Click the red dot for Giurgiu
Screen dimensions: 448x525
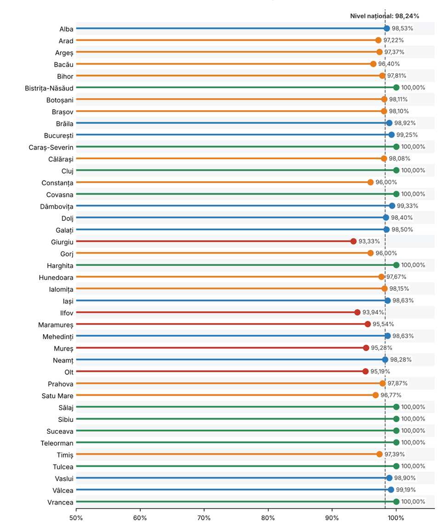pyautogui.click(x=353, y=241)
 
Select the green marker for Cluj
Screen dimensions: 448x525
pyautogui.click(x=396, y=170)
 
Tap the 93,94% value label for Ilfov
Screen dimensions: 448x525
pyautogui.click(x=373, y=313)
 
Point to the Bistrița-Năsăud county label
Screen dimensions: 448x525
pyautogui.click(x=49, y=89)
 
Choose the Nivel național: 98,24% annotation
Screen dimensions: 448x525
pyautogui.click(x=385, y=16)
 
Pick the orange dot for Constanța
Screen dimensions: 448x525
pyautogui.click(x=370, y=182)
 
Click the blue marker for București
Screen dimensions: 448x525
pyautogui.click(x=391, y=135)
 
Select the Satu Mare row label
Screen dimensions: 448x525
pyautogui.click(x=57, y=396)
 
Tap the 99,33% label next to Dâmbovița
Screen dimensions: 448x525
pyautogui.click(x=408, y=206)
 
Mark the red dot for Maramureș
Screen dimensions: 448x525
pyautogui.click(x=368, y=324)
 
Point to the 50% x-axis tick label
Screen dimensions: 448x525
pyautogui.click(x=76, y=518)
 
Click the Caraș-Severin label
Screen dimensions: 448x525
pyautogui.click(x=51, y=148)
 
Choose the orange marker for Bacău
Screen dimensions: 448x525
pyautogui.click(x=373, y=64)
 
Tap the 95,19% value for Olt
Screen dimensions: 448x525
pyautogui.click(x=380, y=372)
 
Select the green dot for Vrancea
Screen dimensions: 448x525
pyautogui.click(x=396, y=502)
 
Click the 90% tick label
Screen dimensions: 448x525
pyautogui.click(x=332, y=518)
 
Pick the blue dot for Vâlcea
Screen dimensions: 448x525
pyautogui.click(x=391, y=490)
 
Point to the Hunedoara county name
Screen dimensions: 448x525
pyautogui.click(x=56, y=278)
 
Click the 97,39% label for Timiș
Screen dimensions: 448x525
pyautogui.click(x=394, y=454)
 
